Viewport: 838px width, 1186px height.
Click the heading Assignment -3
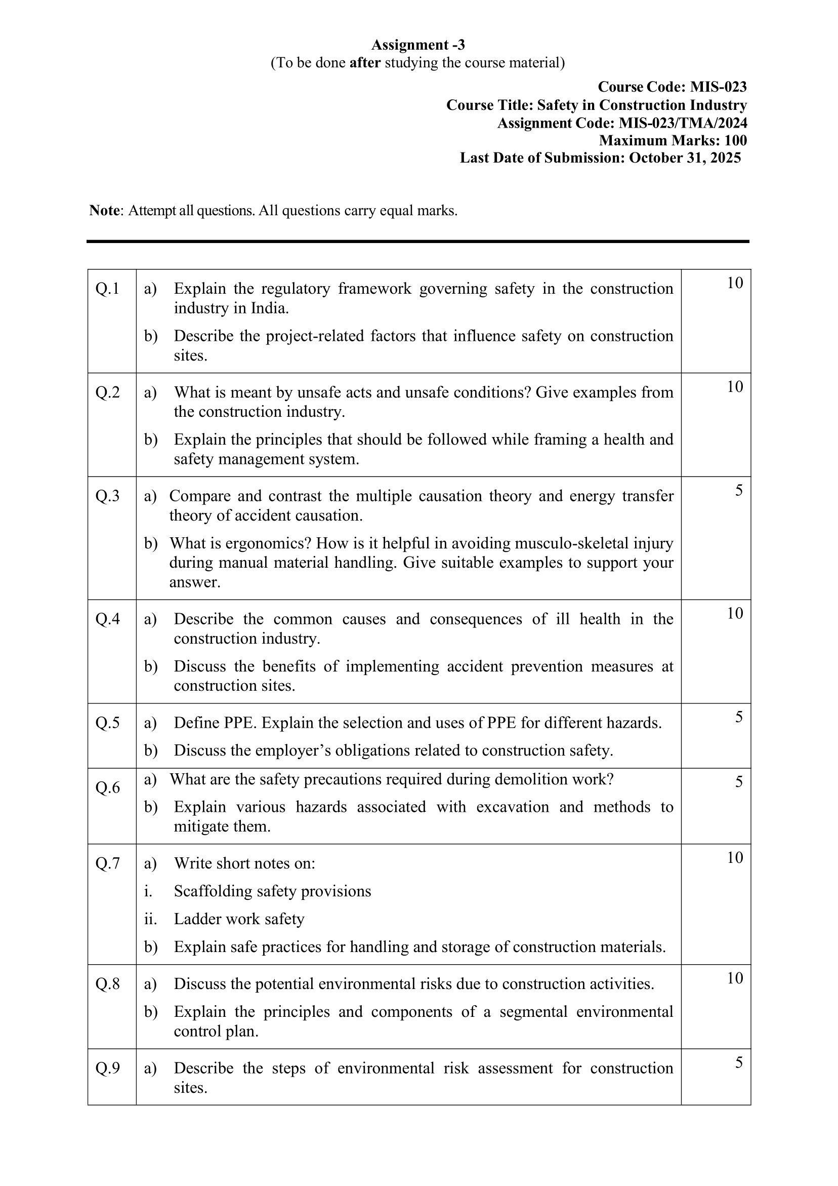coord(417,45)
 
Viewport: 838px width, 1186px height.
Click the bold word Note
coord(105,211)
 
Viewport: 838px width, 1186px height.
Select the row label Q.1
coord(107,289)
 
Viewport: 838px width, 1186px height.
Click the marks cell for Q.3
coord(739,490)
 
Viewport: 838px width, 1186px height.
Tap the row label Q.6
coord(107,788)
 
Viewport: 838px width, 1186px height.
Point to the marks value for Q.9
coord(739,1063)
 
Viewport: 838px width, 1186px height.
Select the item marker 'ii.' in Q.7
coord(150,919)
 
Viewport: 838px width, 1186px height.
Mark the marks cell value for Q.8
coord(735,978)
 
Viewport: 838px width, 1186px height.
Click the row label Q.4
coord(107,619)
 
